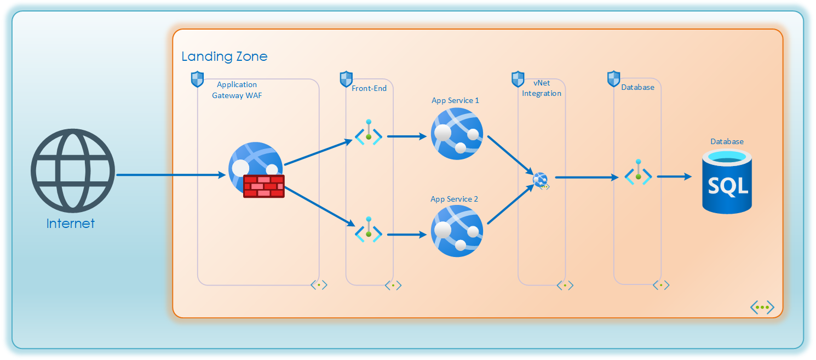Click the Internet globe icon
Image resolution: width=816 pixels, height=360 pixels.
[x=73, y=170]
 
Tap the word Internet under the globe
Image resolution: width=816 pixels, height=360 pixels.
[x=71, y=224]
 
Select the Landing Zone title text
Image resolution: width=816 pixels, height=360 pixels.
[x=224, y=56]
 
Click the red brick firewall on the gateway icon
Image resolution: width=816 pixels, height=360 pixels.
[x=264, y=186]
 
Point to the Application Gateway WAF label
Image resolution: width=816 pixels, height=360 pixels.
[x=237, y=90]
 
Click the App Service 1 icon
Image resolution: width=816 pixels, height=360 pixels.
[x=457, y=134]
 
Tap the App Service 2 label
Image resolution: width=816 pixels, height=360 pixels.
[x=454, y=199]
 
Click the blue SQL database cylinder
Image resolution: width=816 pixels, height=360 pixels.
[x=727, y=183]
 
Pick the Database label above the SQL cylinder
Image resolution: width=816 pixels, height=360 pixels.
[x=727, y=141]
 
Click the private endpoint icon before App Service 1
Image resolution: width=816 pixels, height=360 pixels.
[x=369, y=134]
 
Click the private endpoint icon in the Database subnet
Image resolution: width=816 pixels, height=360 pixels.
[x=638, y=174]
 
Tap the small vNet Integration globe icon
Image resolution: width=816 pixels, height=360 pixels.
[x=541, y=179]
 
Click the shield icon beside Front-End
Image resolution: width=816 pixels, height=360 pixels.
[x=346, y=79]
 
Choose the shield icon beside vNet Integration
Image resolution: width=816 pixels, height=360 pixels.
[x=518, y=79]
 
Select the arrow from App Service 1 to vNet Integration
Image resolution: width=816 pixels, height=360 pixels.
[x=509, y=155]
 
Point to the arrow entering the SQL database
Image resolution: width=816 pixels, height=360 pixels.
[x=674, y=176]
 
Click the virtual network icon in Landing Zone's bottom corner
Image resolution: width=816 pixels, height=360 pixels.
[x=762, y=307]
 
